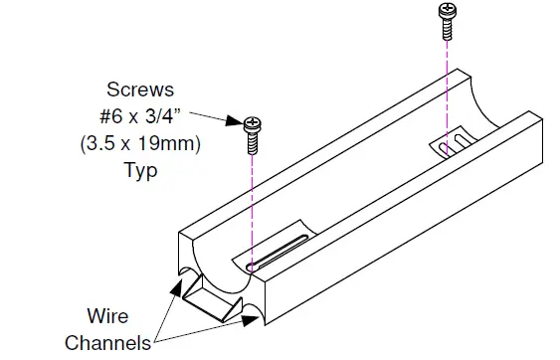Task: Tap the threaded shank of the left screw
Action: click(252, 142)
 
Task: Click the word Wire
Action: click(108, 317)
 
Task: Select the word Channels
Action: click(107, 342)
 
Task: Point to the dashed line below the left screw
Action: click(252, 209)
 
